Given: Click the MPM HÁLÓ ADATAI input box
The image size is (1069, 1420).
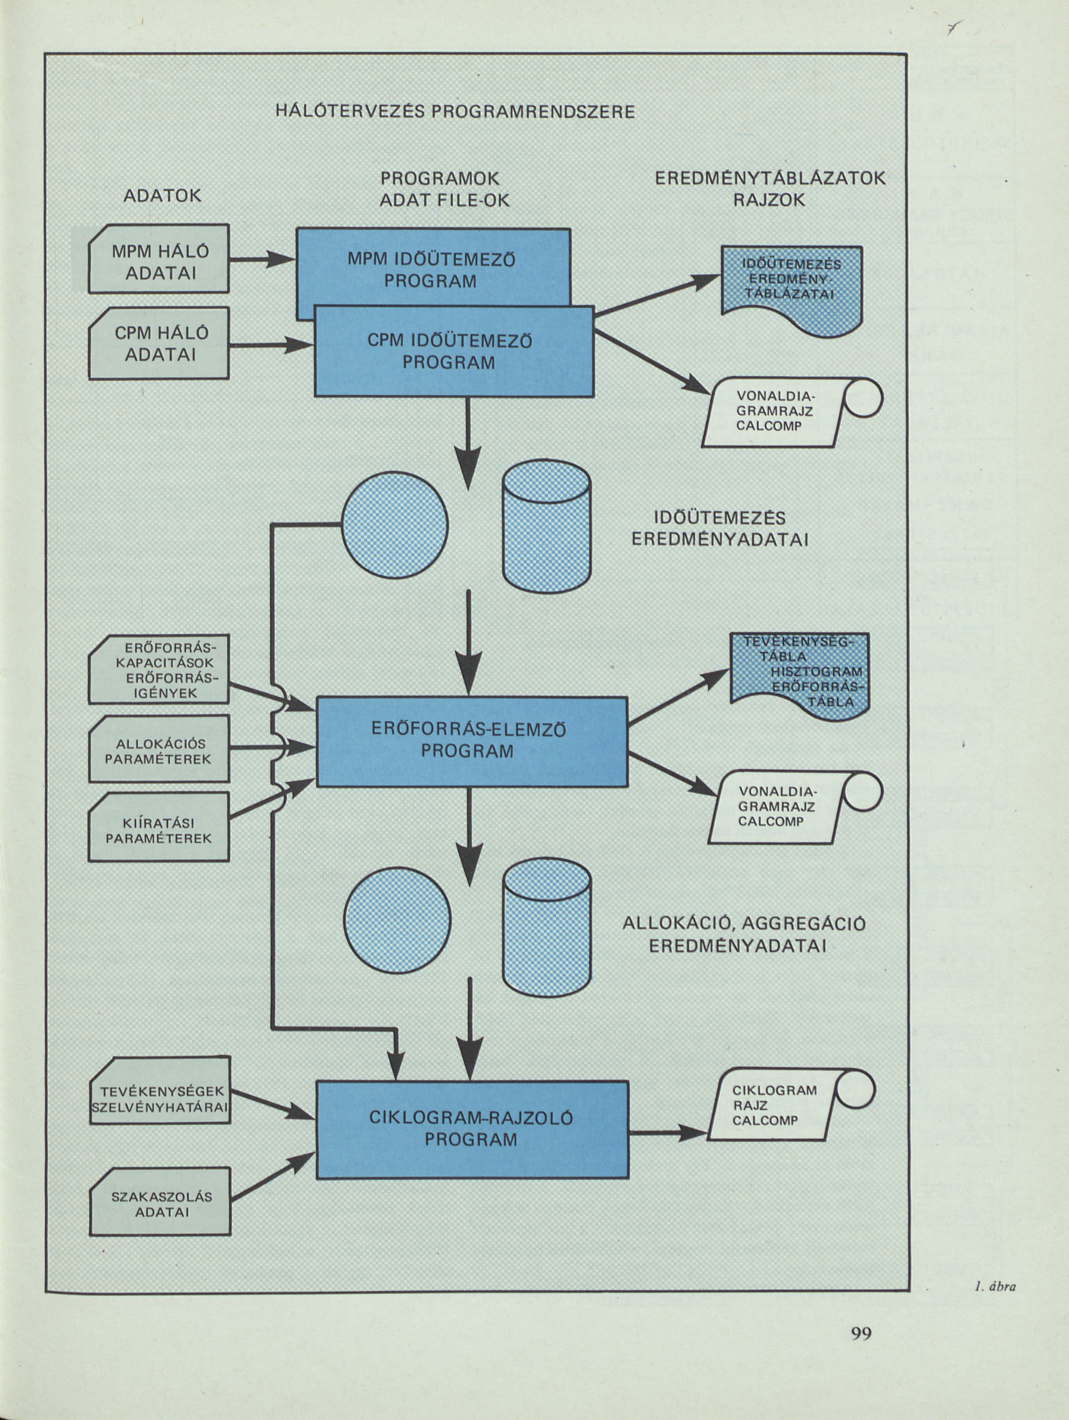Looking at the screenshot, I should (x=159, y=259).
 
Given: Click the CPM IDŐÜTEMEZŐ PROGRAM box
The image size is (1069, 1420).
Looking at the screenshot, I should (x=453, y=352).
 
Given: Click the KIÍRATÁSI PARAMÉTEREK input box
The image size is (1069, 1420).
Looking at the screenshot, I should (x=159, y=828).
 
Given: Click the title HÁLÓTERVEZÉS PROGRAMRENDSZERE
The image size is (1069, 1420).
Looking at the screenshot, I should (x=455, y=112).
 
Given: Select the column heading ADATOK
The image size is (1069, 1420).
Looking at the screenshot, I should (x=162, y=196).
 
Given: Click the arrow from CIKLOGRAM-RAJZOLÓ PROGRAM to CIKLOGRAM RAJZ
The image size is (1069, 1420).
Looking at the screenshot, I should (x=667, y=1134).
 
